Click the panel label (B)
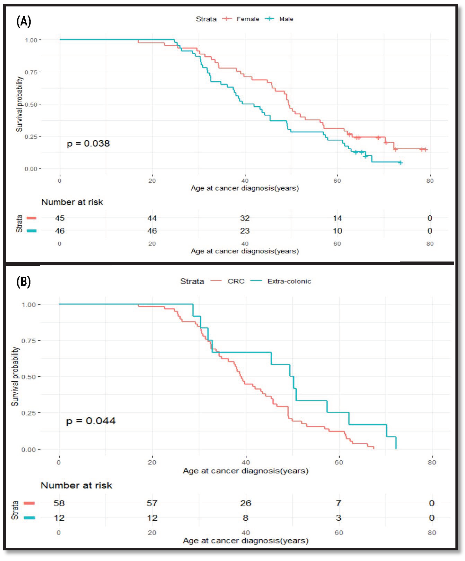click(23, 282)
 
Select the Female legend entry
click(247, 19)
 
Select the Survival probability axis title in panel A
click(19, 104)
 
